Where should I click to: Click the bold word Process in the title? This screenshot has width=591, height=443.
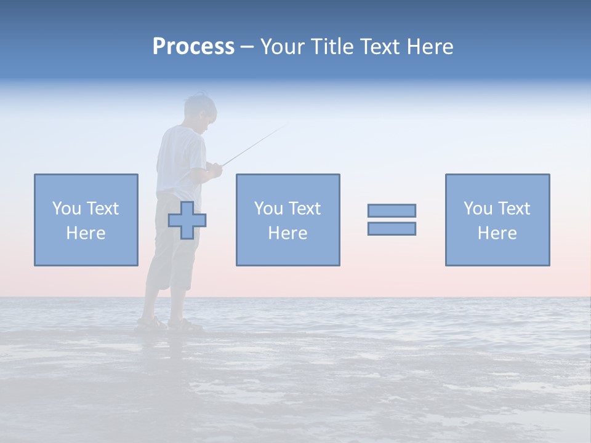point(193,47)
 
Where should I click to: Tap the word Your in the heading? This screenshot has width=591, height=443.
point(283,47)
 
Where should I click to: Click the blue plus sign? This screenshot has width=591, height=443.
point(187,220)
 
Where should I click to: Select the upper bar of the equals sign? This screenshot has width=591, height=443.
point(392,210)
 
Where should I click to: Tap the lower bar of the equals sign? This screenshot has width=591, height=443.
point(392,229)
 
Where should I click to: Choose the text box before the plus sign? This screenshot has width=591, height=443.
point(86,220)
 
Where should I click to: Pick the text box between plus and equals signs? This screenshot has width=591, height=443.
point(287,220)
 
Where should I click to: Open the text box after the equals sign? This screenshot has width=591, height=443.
point(497,220)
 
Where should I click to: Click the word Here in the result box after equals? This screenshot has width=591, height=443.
point(497,233)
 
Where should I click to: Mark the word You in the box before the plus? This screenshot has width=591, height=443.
point(66,209)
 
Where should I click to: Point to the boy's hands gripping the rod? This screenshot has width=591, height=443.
point(214,169)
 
